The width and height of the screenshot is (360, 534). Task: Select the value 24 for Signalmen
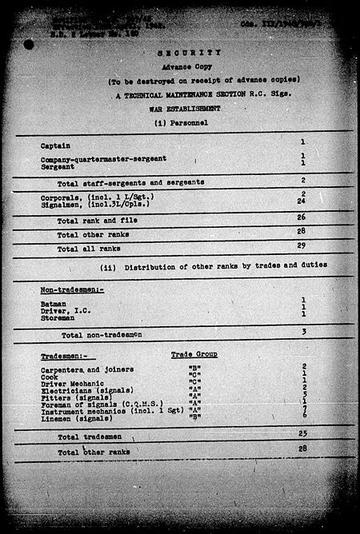[303, 202]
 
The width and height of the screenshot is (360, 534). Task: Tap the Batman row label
[53, 304]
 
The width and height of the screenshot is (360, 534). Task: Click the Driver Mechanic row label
[70, 385]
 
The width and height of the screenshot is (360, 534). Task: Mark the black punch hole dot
[30, 46]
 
